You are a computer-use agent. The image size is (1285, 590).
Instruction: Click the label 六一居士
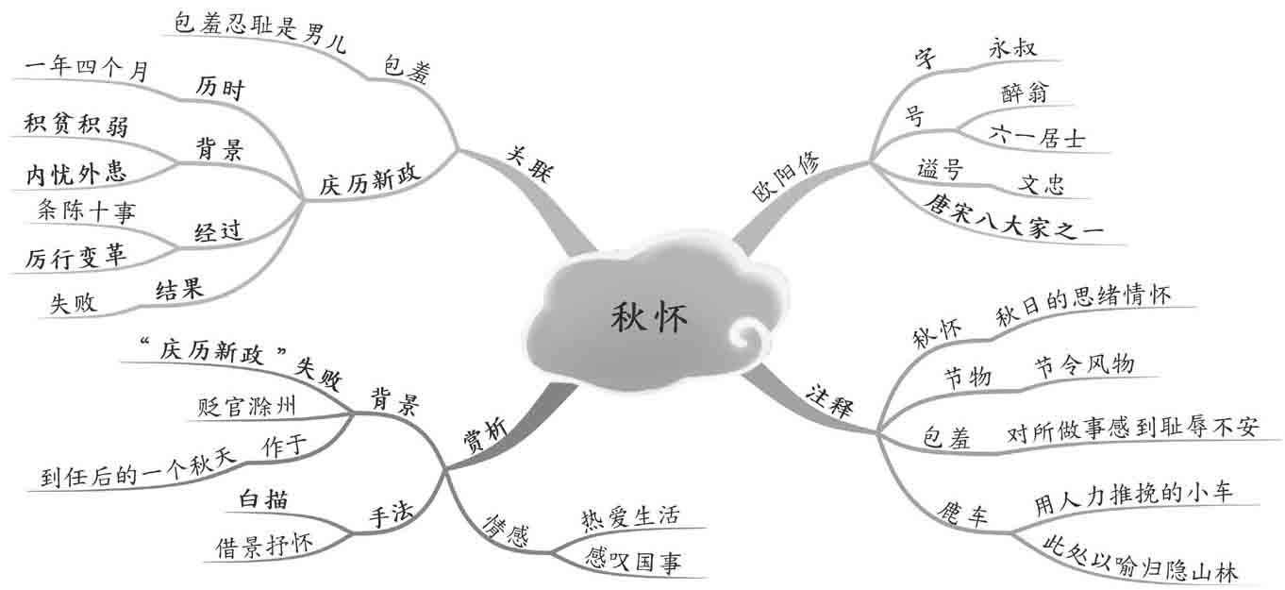click(x=1037, y=138)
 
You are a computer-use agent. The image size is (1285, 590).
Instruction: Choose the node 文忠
click(x=1041, y=183)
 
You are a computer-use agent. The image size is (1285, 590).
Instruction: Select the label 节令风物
click(x=1084, y=364)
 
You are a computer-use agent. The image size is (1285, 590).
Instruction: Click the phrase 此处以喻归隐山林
click(x=1142, y=556)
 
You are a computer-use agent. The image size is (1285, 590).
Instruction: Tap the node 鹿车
click(x=963, y=514)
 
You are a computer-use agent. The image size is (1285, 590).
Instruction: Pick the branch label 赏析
click(x=487, y=437)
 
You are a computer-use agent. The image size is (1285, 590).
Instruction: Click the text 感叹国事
click(x=631, y=564)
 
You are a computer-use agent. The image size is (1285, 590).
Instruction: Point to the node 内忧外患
click(x=77, y=173)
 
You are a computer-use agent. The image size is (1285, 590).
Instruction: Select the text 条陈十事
click(x=86, y=212)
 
